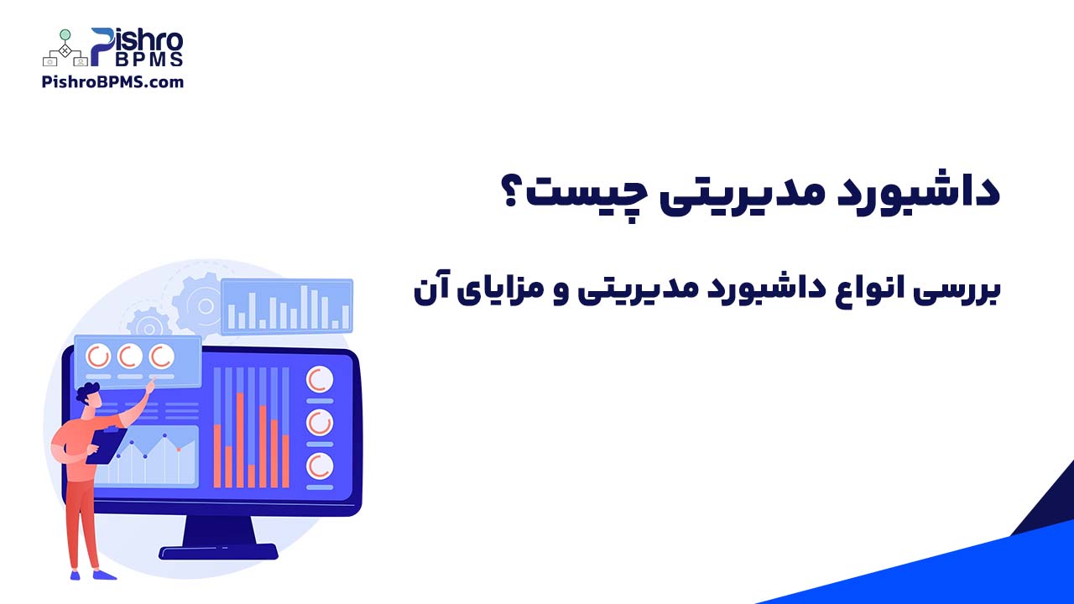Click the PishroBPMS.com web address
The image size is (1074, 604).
pos(112,82)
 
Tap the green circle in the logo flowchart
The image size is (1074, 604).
pos(65,34)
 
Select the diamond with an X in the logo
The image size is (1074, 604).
pos(65,49)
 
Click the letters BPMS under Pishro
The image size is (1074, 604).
pos(149,60)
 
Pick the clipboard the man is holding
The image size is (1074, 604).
pos(107,445)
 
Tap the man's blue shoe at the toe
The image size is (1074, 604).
pos(109,575)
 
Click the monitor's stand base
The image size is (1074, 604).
pos(218,552)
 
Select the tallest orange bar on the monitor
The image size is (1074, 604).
pos(240,440)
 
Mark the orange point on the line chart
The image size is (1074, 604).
pos(179,450)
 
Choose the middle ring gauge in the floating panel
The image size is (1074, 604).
pos(129,357)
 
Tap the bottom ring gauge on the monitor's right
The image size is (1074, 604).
pos(320,466)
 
